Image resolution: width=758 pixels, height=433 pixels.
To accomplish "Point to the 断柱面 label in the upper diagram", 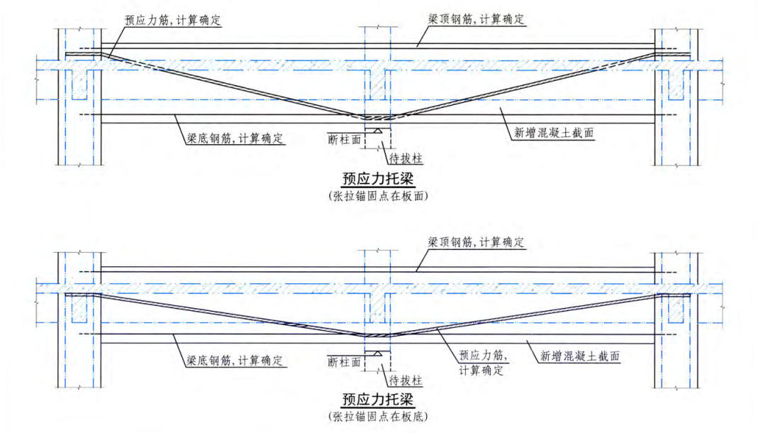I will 344,139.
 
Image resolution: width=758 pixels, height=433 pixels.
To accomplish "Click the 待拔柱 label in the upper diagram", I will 406,160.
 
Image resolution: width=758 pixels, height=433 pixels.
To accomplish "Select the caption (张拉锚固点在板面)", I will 379,195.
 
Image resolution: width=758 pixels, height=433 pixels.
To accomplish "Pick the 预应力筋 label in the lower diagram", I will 483,356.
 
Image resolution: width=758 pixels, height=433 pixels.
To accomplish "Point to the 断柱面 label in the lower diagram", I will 344,361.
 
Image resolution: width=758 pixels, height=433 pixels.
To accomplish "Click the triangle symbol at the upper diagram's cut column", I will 379,131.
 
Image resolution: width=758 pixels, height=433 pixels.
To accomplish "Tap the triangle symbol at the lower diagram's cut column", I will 379,352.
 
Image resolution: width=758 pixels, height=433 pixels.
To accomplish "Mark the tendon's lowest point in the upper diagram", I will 376,118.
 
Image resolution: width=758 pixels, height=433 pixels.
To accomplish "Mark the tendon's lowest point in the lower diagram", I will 376,335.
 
